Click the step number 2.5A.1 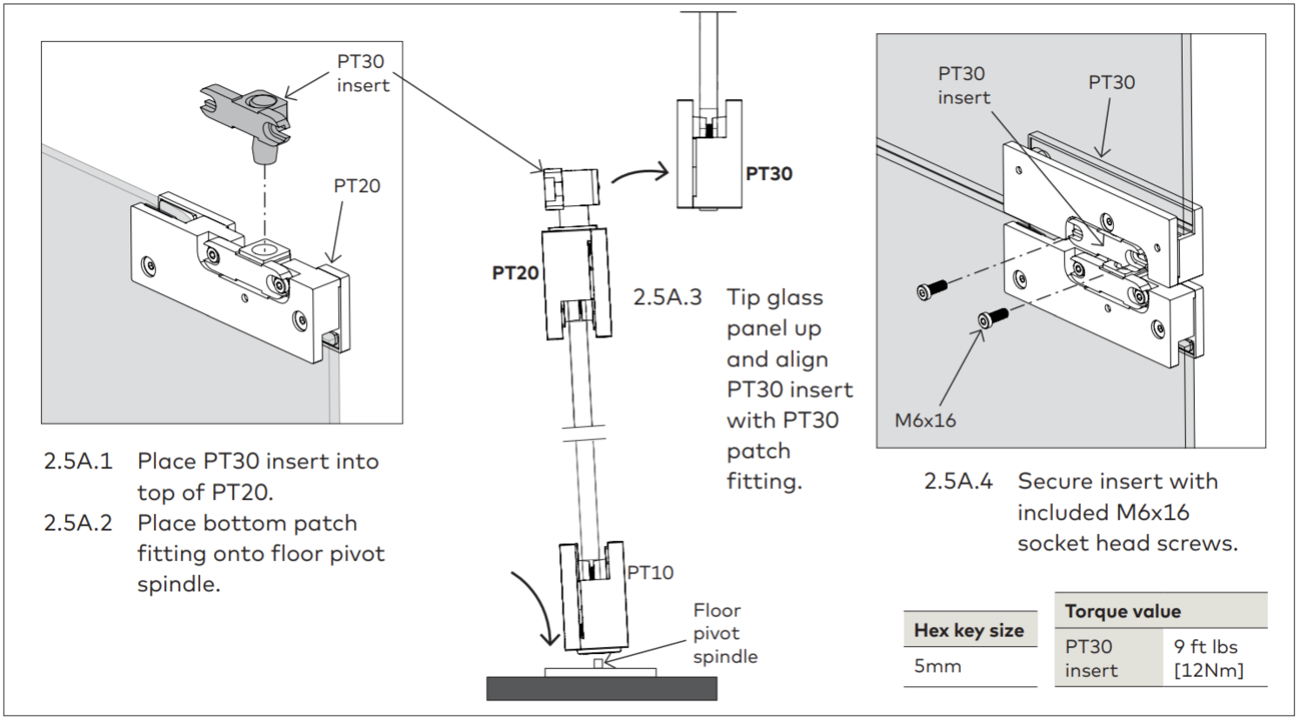pos(78,462)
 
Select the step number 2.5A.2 pos(78,523)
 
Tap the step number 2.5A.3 pos(668,297)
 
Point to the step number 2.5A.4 pos(958,481)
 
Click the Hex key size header pos(970,631)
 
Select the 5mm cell pos(937,666)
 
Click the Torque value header pos(1123,611)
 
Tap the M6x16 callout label pos(925,420)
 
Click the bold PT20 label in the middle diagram pos(516,273)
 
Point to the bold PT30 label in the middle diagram pos(769,174)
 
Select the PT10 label pos(650,573)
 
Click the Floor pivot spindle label pos(725,633)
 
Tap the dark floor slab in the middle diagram pos(602,689)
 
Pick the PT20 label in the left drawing pos(357,186)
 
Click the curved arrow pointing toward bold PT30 pos(639,172)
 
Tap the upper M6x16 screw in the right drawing pos(932,289)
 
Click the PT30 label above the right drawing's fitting pos(1111,83)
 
